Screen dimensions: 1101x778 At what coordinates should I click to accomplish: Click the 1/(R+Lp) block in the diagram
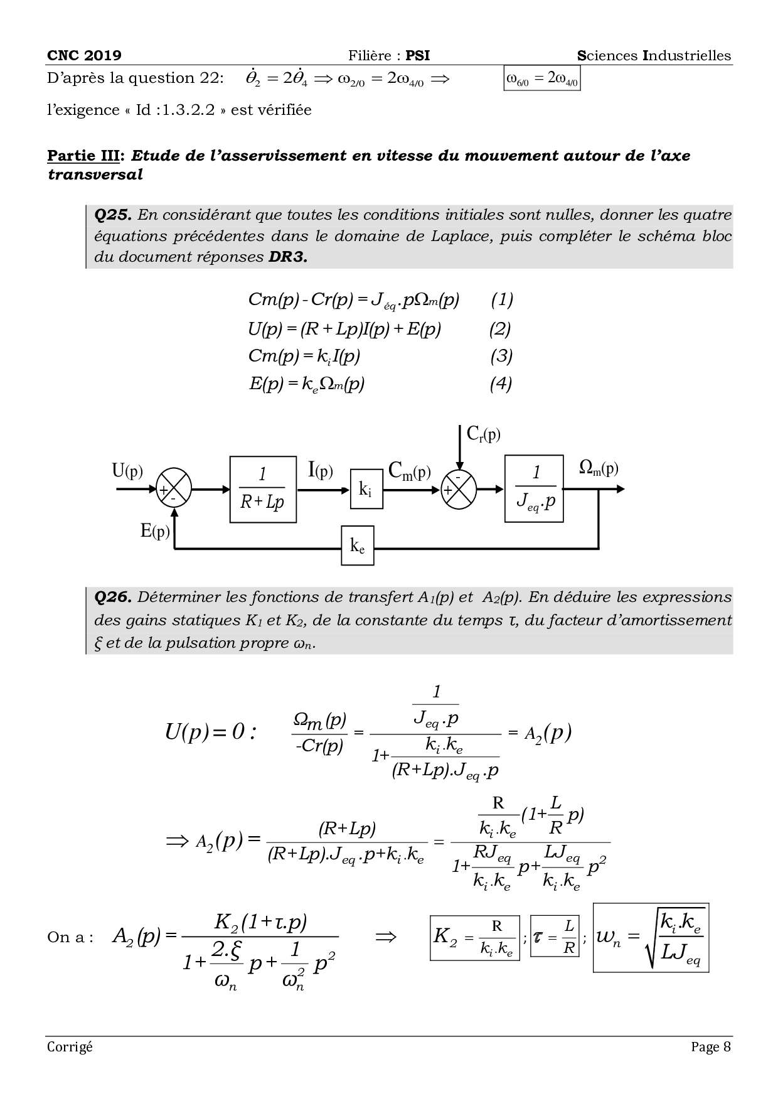point(263,490)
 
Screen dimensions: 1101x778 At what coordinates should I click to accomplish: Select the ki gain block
point(366,490)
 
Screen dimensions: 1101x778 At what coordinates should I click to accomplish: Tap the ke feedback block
point(357,546)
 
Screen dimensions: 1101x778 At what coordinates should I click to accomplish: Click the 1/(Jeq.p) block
point(534,488)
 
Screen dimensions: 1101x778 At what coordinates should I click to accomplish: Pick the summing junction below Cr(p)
point(459,488)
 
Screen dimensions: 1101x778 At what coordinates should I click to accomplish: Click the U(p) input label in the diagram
point(127,470)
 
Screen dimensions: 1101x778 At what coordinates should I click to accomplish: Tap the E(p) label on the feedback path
point(155,531)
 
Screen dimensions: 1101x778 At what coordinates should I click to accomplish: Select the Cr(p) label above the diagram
point(484,434)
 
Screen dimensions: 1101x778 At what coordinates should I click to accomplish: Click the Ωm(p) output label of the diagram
point(599,468)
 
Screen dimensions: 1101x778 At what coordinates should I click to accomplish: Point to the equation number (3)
point(501,356)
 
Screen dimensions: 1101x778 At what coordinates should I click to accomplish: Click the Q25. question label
point(112,215)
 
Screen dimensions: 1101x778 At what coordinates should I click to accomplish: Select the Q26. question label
point(112,597)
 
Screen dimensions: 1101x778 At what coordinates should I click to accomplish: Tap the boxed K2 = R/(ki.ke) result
point(475,938)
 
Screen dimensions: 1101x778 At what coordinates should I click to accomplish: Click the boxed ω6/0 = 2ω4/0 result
point(541,79)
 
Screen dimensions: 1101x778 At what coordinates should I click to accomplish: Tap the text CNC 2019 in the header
point(85,55)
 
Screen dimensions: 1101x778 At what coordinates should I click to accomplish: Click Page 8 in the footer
point(711,1046)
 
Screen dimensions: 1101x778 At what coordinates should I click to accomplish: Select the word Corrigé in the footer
point(70,1046)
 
